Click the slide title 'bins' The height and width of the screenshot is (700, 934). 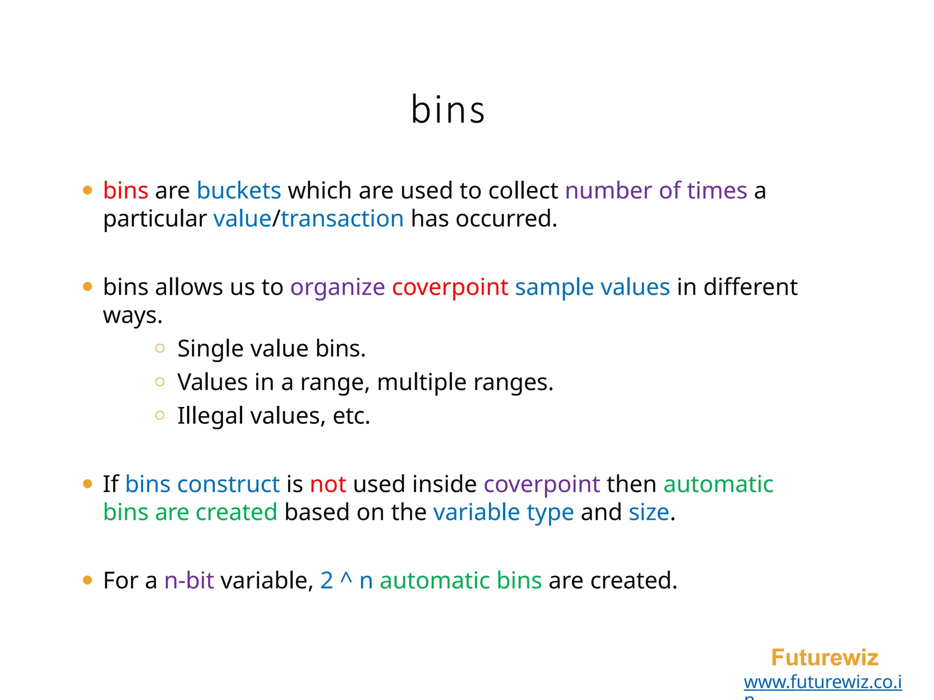click(x=448, y=110)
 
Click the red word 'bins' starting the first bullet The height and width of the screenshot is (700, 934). click(x=125, y=190)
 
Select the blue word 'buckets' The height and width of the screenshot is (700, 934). click(x=239, y=190)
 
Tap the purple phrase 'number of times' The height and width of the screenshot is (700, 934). click(x=656, y=190)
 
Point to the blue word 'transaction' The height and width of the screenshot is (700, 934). click(x=342, y=219)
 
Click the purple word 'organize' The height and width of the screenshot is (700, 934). click(x=337, y=288)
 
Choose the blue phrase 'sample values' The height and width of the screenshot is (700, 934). click(x=592, y=288)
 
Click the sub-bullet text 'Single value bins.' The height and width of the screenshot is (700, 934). click(x=271, y=349)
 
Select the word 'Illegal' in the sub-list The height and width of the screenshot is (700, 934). click(x=210, y=416)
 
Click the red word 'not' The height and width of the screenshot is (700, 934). click(x=328, y=484)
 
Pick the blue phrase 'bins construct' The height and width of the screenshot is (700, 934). click(x=202, y=484)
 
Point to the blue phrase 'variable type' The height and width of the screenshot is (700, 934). click(x=503, y=512)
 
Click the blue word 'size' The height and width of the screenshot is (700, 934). click(x=649, y=512)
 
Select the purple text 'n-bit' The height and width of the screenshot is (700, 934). click(x=189, y=581)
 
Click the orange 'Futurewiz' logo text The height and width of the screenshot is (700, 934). click(x=824, y=658)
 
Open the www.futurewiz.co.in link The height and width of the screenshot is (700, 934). click(x=822, y=682)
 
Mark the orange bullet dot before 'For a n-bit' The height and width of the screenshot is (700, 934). click(x=88, y=580)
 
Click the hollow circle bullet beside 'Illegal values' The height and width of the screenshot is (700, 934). click(x=160, y=415)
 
